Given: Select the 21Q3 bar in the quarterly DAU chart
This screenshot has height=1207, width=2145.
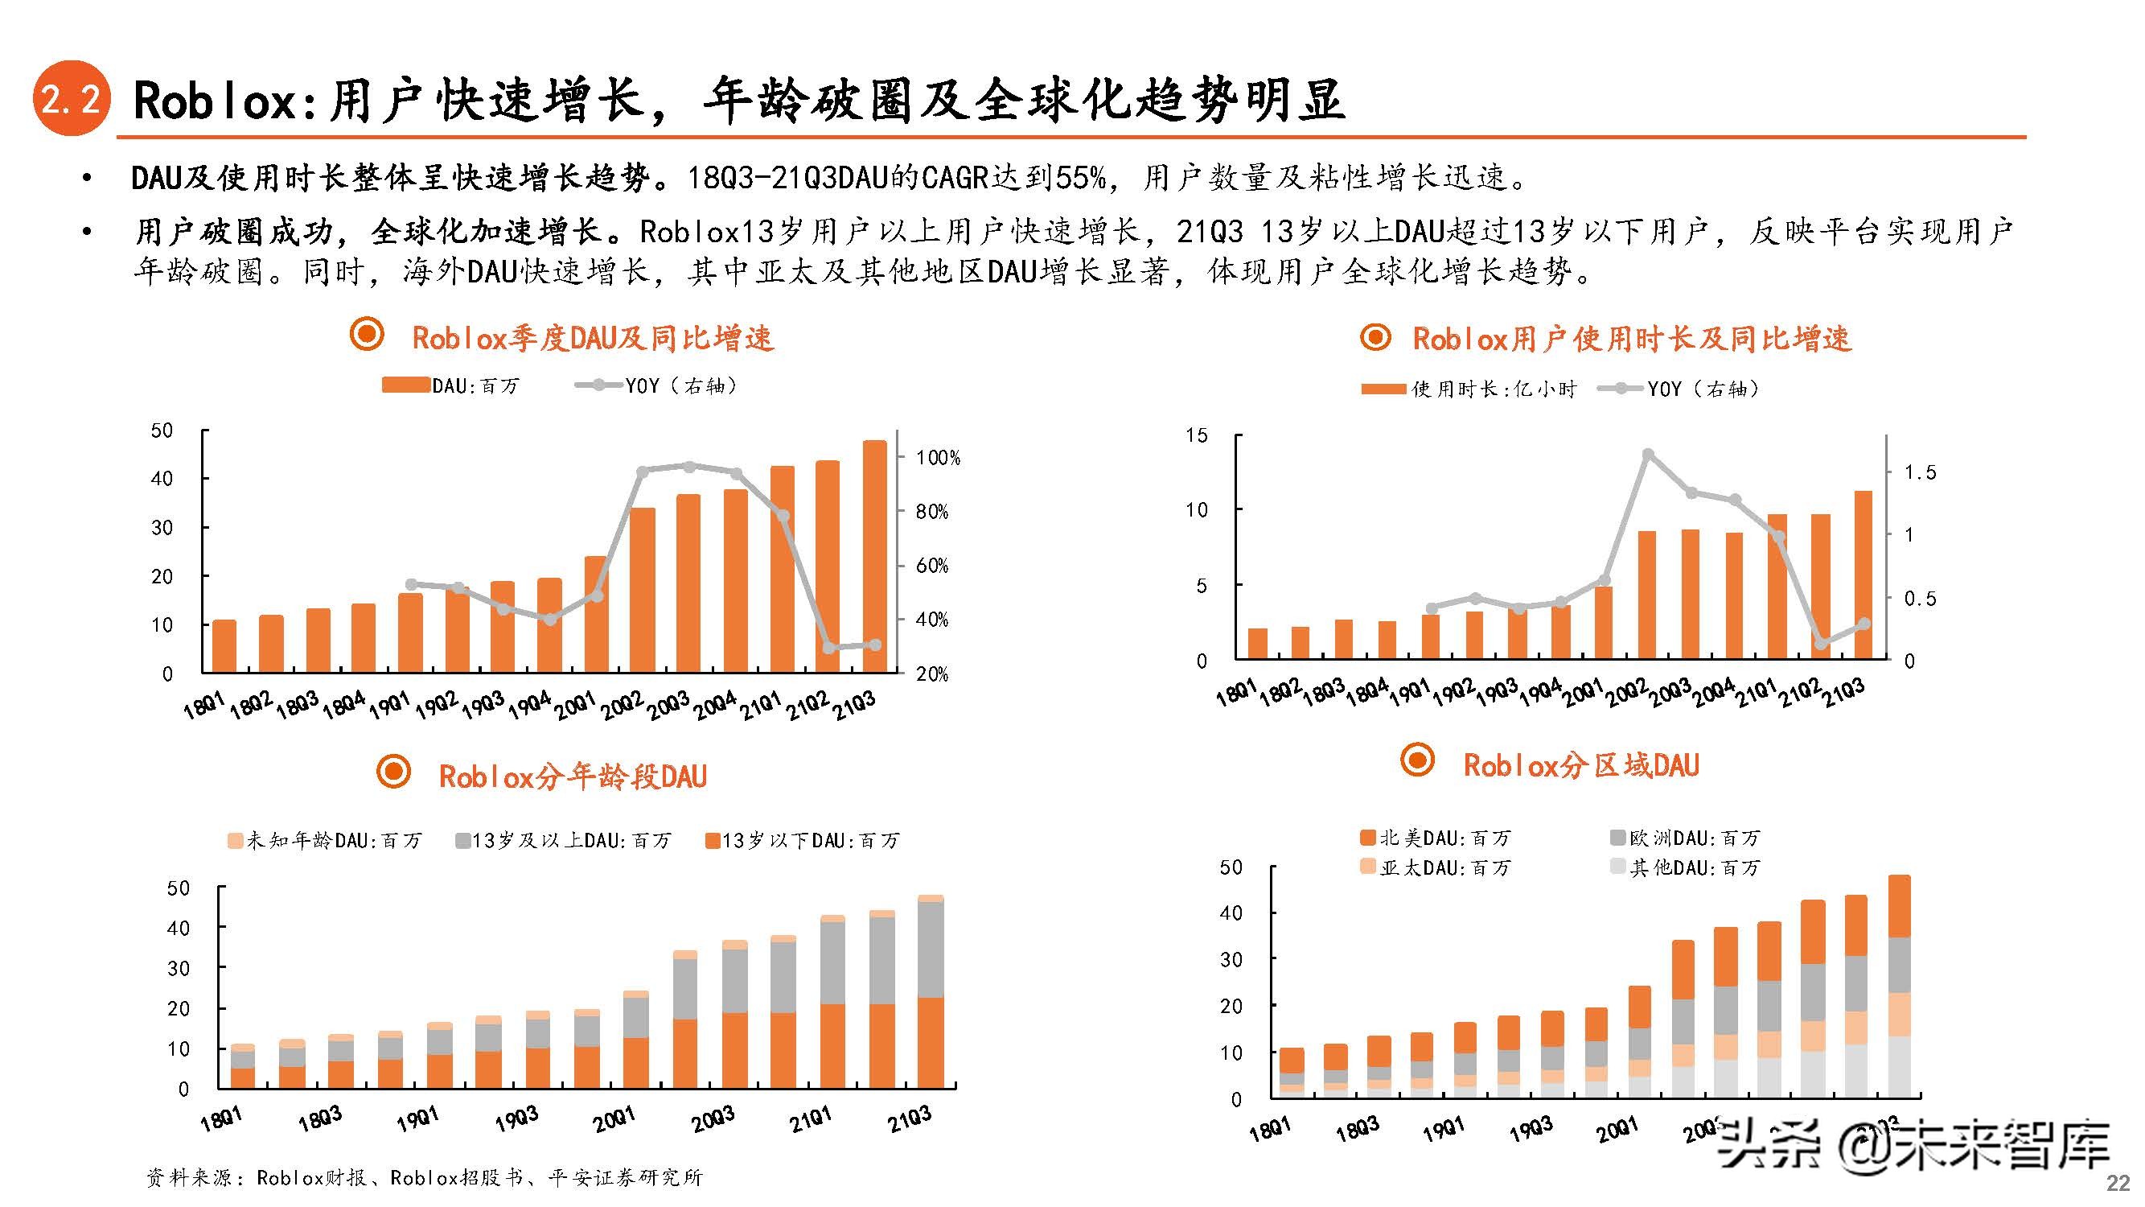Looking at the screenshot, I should [874, 557].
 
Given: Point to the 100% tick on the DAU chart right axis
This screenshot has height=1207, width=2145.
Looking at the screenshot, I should [938, 457].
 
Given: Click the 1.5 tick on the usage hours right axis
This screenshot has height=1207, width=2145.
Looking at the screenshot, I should [1920, 472].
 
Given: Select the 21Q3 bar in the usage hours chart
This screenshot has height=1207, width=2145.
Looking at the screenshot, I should [1863, 575].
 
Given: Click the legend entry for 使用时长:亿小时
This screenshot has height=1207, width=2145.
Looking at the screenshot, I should [1469, 389].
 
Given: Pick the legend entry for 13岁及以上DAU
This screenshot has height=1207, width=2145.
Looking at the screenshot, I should [564, 841].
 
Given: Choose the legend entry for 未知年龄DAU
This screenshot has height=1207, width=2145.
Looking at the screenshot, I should [326, 841].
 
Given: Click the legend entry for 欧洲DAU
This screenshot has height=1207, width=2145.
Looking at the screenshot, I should [1686, 837].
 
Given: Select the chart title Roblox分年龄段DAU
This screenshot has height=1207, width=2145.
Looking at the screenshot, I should [572, 777].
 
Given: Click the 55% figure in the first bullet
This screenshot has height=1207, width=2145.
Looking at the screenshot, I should [1080, 177].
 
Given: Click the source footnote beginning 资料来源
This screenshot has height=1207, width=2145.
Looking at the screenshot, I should [425, 1177].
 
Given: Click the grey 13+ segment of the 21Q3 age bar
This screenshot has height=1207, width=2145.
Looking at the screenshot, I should [930, 950].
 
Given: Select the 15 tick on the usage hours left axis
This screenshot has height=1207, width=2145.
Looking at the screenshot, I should [1195, 435].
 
